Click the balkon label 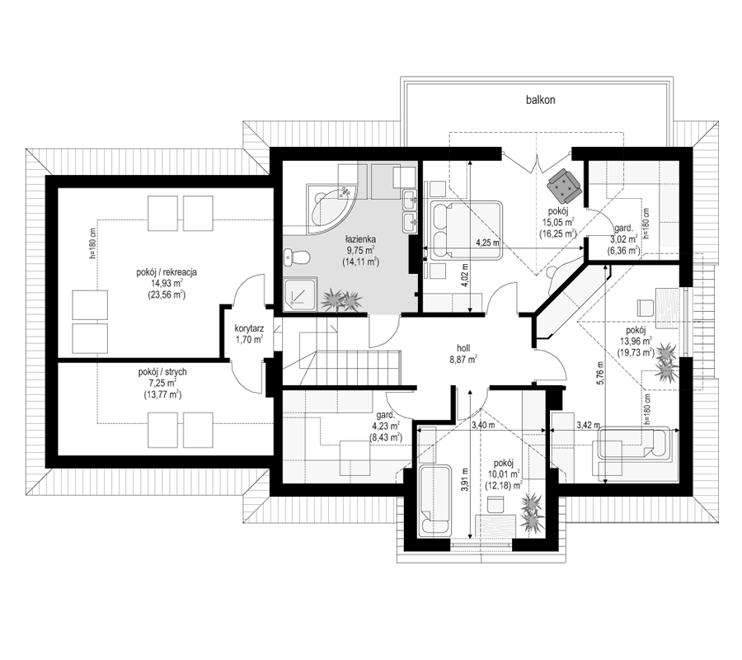[x=540, y=100]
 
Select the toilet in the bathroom [x=297, y=258]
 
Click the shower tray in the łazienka [x=299, y=295]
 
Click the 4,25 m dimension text [x=488, y=243]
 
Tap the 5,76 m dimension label [x=600, y=375]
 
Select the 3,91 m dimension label [x=465, y=480]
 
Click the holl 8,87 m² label [x=463, y=354]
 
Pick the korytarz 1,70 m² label [x=249, y=333]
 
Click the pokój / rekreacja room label [x=167, y=272]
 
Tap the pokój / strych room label [x=162, y=372]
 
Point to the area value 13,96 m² [x=636, y=341]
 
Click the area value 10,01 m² [x=503, y=474]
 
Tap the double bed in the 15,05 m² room [x=466, y=230]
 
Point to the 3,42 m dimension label [x=588, y=425]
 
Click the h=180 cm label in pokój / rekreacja [x=92, y=243]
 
